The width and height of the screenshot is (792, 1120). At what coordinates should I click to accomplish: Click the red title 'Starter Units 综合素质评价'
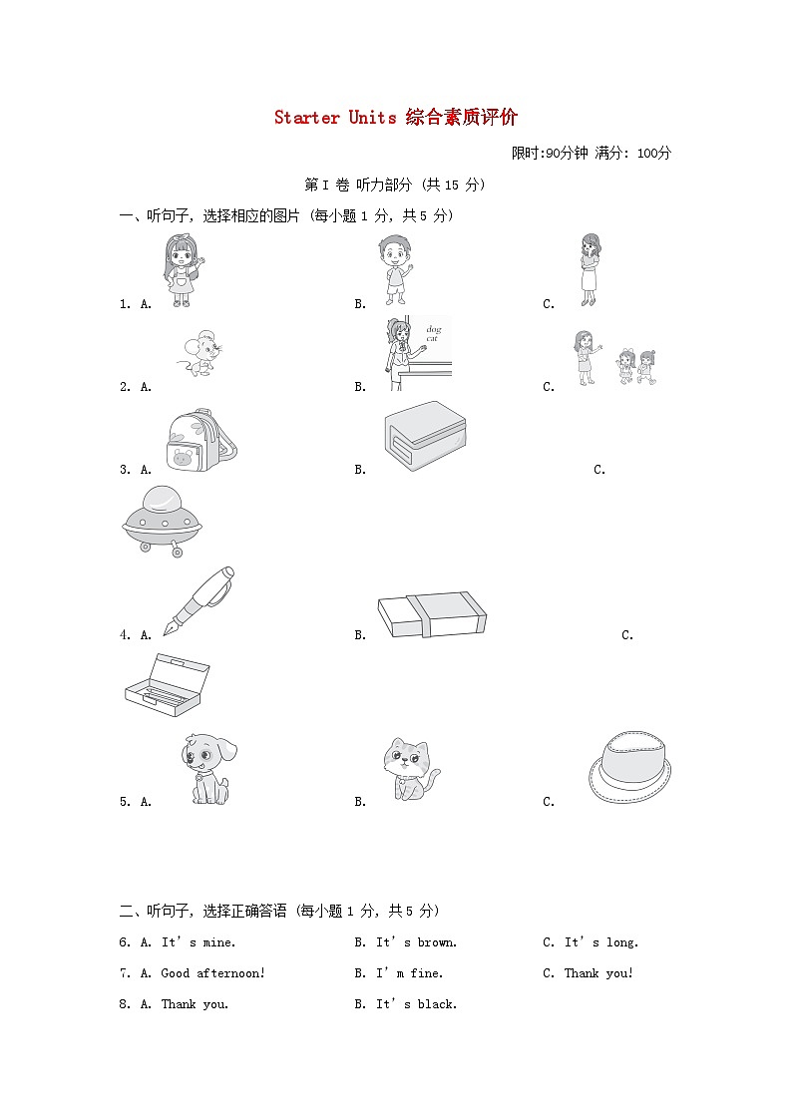tap(396, 118)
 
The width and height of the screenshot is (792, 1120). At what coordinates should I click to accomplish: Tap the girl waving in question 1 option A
tap(180, 270)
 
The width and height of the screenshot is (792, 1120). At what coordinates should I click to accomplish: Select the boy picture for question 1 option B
tap(394, 269)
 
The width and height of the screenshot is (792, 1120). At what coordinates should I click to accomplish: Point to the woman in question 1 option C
tap(589, 269)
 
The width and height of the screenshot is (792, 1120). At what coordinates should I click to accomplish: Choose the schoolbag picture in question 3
tap(200, 440)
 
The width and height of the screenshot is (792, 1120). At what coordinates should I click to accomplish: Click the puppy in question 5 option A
tap(208, 770)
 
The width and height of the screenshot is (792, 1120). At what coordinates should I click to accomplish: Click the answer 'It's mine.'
tap(198, 942)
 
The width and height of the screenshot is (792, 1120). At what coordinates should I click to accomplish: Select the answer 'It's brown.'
tap(416, 942)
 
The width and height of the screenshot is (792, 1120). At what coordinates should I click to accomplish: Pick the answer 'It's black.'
tap(416, 1004)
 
